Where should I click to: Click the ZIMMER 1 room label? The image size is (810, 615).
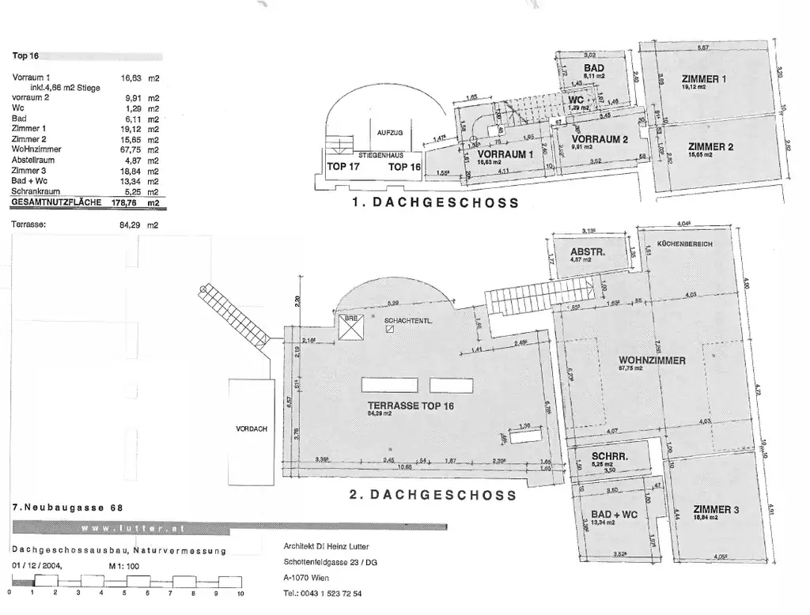703,79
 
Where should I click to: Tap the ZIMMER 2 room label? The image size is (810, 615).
710,146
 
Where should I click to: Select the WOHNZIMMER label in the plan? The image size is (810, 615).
652,360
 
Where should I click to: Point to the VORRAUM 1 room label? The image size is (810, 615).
505,154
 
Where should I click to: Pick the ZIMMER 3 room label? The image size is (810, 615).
714,510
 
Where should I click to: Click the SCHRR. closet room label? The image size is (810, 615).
610,457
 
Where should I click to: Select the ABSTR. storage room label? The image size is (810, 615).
587,253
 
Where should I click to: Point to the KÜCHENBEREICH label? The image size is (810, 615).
685,244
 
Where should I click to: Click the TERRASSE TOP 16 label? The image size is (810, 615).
410,405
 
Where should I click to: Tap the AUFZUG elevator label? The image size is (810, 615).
390,132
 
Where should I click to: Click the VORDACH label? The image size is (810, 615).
252,428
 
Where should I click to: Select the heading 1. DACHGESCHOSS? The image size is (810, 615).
435,202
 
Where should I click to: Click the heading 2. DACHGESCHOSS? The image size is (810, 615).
433,496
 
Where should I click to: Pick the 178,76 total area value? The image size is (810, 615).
134,202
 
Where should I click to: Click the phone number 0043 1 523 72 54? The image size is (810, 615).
333,593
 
